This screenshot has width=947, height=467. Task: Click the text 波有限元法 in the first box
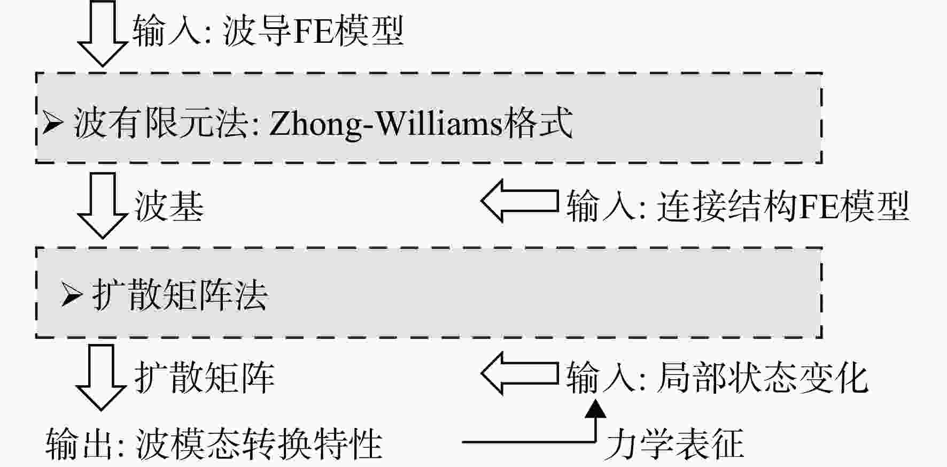point(160,123)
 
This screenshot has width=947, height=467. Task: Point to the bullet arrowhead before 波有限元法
point(53,123)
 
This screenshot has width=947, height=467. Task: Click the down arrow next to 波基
point(102,205)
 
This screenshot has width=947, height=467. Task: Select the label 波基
point(169,206)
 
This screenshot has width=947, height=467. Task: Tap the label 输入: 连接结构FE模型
point(738,206)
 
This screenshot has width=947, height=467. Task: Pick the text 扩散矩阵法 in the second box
point(180,295)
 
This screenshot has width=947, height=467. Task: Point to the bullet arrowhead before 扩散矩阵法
point(72,295)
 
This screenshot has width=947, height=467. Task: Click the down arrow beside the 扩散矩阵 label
point(100,377)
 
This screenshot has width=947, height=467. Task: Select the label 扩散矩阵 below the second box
point(205,378)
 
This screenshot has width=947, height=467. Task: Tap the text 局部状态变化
point(762,378)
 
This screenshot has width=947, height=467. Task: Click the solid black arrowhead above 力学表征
point(595,409)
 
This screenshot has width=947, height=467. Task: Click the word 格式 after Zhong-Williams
point(538,123)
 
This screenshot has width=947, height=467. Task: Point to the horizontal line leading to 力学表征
point(529,442)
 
